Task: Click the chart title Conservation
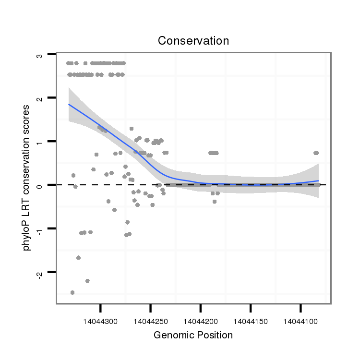(x=193, y=41)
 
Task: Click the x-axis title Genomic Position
(x=193, y=335)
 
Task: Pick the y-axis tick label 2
(x=40, y=98)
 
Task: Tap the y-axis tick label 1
(x=40, y=142)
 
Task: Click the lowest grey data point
(x=72, y=292)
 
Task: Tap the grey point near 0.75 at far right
(x=316, y=153)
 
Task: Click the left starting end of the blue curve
(x=69, y=104)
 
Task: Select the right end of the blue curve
(x=318, y=180)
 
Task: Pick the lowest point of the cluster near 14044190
(x=214, y=202)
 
